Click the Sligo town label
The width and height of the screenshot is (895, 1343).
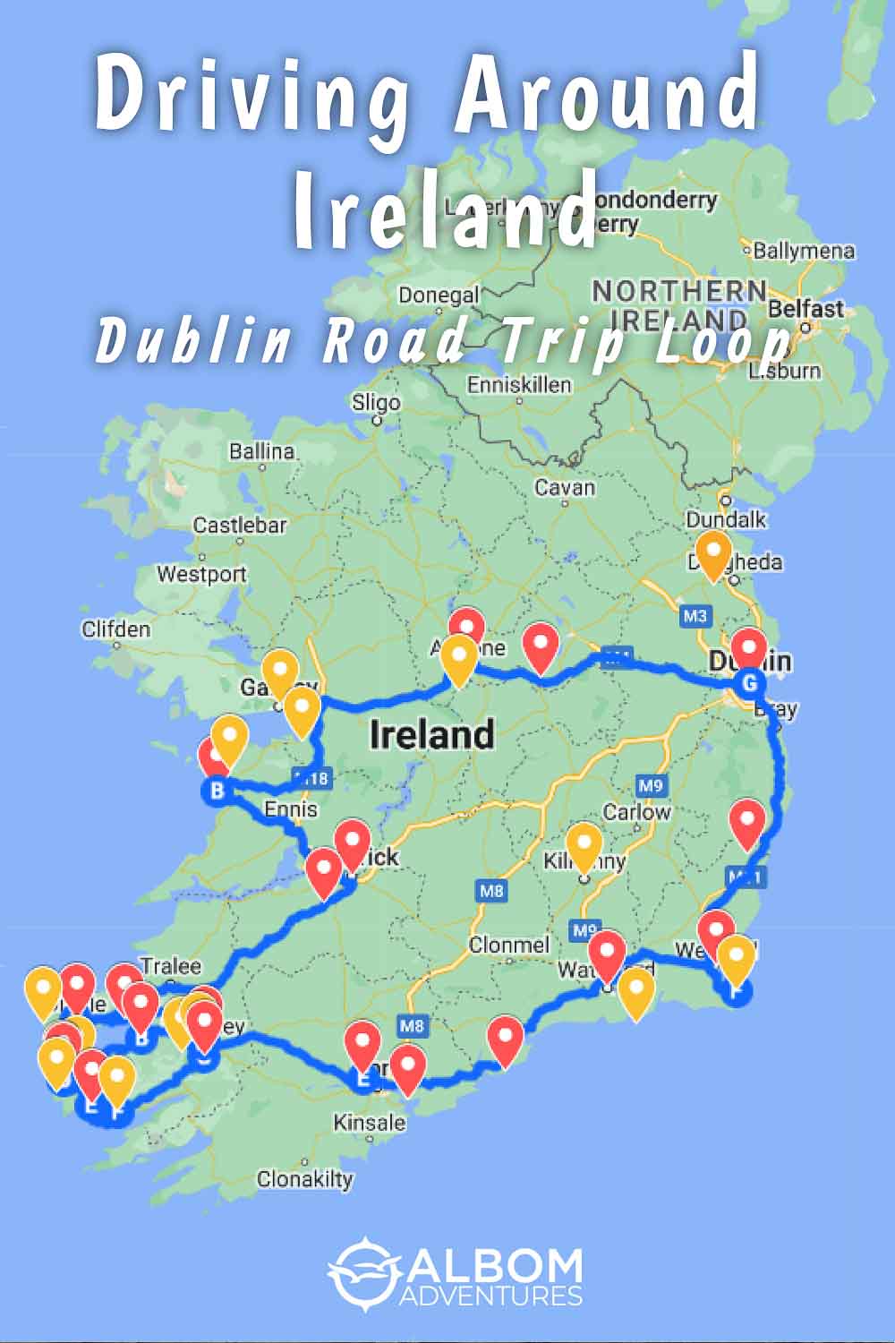click(375, 403)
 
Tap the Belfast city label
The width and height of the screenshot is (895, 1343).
click(805, 309)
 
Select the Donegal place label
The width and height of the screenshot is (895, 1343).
click(439, 295)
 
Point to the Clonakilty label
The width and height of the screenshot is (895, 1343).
click(304, 1179)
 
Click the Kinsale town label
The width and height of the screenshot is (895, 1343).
click(369, 1122)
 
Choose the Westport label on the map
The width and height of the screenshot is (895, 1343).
click(201, 574)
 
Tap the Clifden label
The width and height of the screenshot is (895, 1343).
click(115, 629)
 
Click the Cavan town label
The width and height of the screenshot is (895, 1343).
click(564, 488)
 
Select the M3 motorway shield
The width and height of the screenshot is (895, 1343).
click(695, 616)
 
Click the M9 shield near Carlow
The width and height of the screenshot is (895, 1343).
click(651, 786)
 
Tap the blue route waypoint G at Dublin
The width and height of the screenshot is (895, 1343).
click(749, 684)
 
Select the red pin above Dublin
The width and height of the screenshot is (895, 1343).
click(748, 648)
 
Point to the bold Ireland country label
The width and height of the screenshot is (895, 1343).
click(431, 735)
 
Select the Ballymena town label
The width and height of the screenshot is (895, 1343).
click(803, 251)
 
